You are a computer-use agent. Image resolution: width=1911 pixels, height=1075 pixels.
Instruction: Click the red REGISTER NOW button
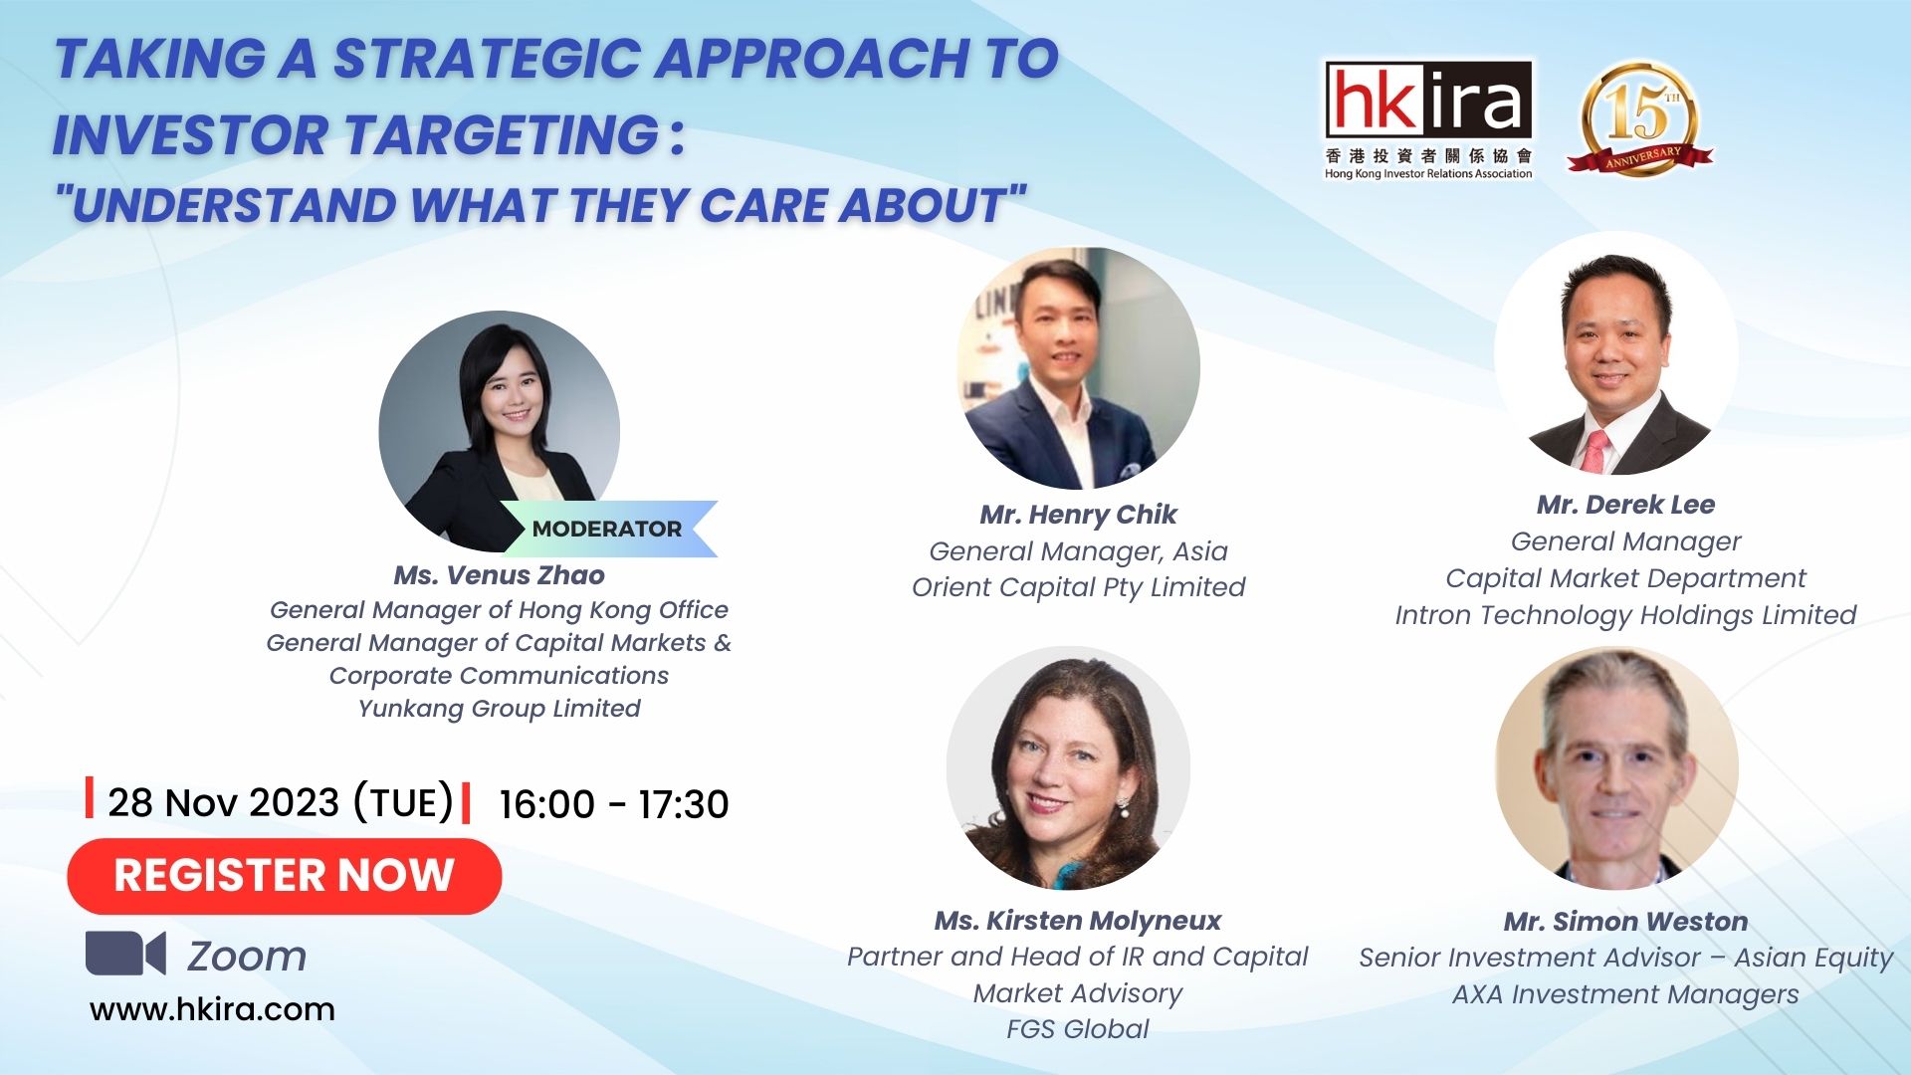(285, 876)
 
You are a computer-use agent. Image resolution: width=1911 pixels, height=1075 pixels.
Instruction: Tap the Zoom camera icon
(125, 954)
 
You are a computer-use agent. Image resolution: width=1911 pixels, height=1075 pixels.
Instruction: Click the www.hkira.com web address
(212, 1009)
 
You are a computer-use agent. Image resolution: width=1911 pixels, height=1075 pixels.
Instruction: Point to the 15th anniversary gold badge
(1640, 119)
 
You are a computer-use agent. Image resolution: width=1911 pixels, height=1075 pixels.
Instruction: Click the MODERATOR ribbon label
(607, 529)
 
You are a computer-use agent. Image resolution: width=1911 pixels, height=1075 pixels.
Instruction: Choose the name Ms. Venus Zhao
(500, 575)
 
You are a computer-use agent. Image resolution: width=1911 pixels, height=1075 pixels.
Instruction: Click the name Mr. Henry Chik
(1078, 515)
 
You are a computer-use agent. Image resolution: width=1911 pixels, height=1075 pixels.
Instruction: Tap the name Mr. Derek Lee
(1625, 505)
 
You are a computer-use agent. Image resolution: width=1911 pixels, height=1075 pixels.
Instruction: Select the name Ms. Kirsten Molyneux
(1078, 921)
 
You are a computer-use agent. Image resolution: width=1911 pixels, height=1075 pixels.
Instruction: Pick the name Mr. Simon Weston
(1625, 922)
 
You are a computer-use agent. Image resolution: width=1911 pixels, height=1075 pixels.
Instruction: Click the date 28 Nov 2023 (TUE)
(281, 802)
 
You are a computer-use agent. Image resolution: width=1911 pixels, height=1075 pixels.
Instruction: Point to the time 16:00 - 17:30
(614, 804)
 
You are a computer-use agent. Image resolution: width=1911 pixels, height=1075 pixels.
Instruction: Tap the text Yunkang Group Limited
(500, 709)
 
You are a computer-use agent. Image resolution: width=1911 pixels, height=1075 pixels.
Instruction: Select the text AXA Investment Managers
(1625, 994)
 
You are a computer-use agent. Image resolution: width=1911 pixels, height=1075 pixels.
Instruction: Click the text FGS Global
(1078, 1029)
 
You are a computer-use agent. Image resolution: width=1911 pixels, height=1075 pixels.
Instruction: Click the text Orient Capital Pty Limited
(1078, 588)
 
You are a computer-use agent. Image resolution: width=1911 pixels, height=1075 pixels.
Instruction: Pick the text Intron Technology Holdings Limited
(1625, 616)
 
